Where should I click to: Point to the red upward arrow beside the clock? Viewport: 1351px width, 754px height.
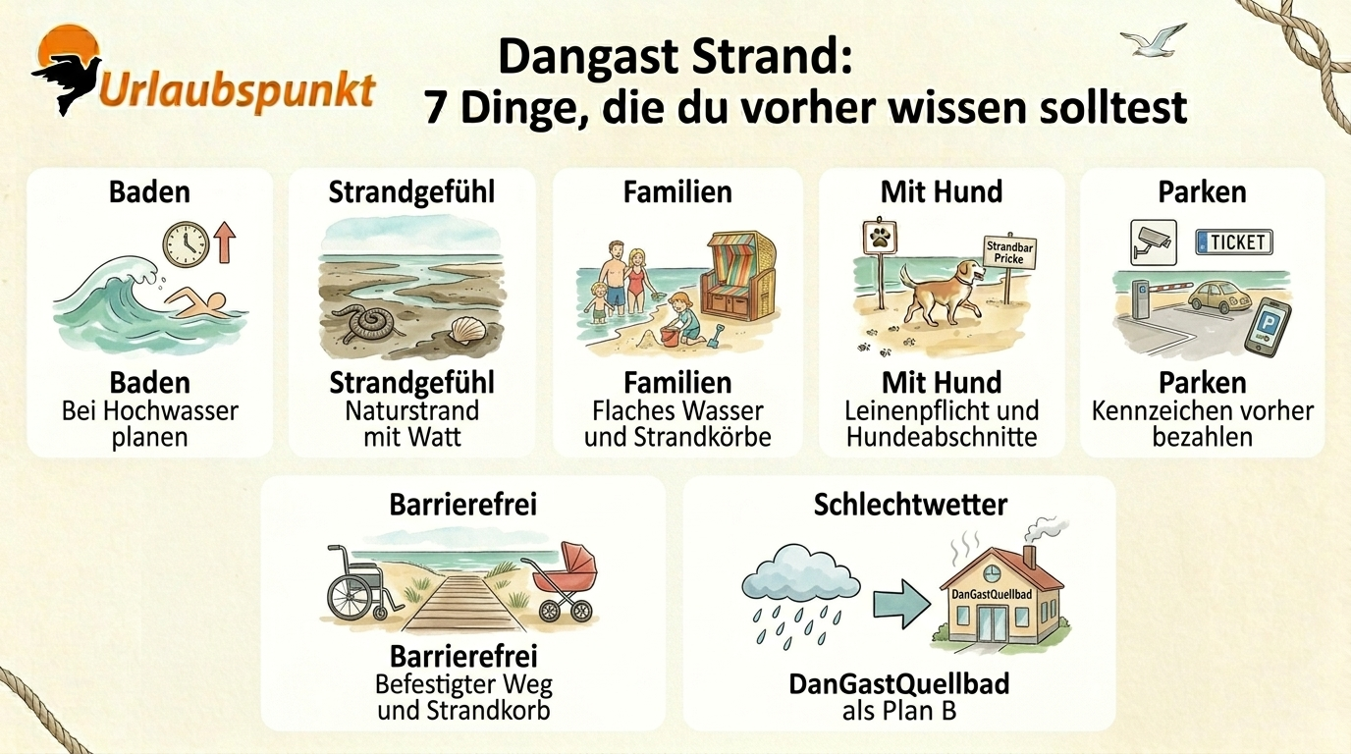click(225, 242)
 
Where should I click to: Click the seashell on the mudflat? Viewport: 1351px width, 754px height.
click(468, 331)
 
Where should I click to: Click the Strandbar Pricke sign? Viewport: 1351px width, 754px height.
click(1009, 252)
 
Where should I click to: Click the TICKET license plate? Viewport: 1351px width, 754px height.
click(1233, 242)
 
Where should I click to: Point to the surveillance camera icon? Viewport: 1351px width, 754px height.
click(1153, 242)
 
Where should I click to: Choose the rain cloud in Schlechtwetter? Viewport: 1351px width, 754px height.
click(801, 572)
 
